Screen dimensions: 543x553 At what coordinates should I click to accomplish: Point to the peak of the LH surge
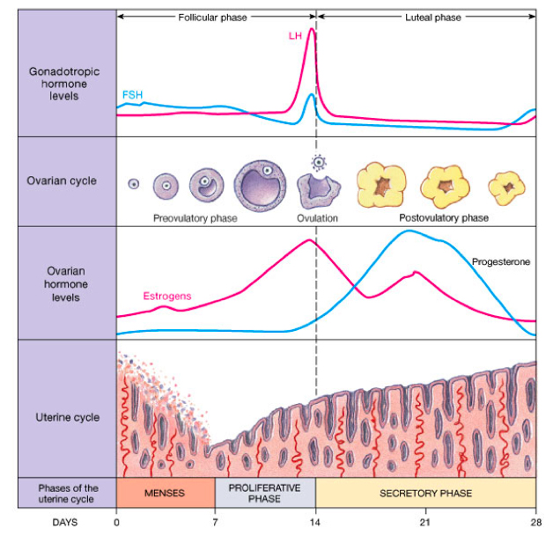click(311, 29)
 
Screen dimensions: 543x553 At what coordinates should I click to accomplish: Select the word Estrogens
click(167, 297)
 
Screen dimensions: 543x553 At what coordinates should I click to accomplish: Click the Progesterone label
click(501, 261)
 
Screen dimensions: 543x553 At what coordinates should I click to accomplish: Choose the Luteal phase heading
click(432, 17)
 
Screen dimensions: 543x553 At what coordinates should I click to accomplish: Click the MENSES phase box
click(166, 494)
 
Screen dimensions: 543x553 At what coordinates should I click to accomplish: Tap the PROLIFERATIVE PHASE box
click(265, 493)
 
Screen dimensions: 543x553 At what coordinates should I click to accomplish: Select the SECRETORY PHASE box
click(425, 494)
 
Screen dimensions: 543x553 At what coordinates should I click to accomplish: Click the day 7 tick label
click(216, 522)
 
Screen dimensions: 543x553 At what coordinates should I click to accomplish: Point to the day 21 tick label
click(424, 522)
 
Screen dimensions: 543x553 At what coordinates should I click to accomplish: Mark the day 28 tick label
click(535, 522)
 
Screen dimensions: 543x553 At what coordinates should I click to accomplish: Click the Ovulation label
click(317, 217)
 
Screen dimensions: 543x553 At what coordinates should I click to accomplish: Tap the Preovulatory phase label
click(195, 217)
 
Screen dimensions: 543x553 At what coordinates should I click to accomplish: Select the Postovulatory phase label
click(444, 217)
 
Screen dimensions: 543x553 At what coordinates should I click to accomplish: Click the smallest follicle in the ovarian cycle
click(134, 184)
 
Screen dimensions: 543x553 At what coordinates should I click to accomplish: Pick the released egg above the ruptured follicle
click(318, 162)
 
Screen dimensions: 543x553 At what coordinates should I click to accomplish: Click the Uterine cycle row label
click(67, 417)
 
